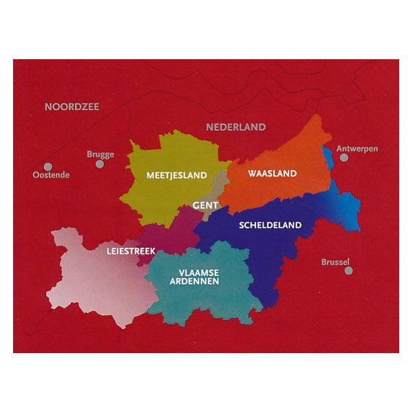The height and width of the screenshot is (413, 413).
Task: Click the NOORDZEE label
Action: [72, 107]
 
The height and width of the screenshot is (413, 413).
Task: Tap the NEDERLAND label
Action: [235, 127]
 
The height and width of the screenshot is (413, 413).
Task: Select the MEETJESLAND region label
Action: [177, 176]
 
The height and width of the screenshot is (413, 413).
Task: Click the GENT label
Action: [205, 206]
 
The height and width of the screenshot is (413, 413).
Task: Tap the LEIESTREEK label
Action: [131, 251]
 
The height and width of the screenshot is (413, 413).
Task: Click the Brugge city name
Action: [100, 155]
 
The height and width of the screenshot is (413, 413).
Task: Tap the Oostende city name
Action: [52, 175]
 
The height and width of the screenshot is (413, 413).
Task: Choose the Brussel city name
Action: [336, 262]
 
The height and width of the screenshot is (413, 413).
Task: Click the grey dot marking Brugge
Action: [100, 165]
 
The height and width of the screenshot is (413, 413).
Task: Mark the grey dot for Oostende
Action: [47, 166]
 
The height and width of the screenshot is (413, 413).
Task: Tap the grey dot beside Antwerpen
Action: [344, 158]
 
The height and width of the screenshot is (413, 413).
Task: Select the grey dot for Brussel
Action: [349, 271]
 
